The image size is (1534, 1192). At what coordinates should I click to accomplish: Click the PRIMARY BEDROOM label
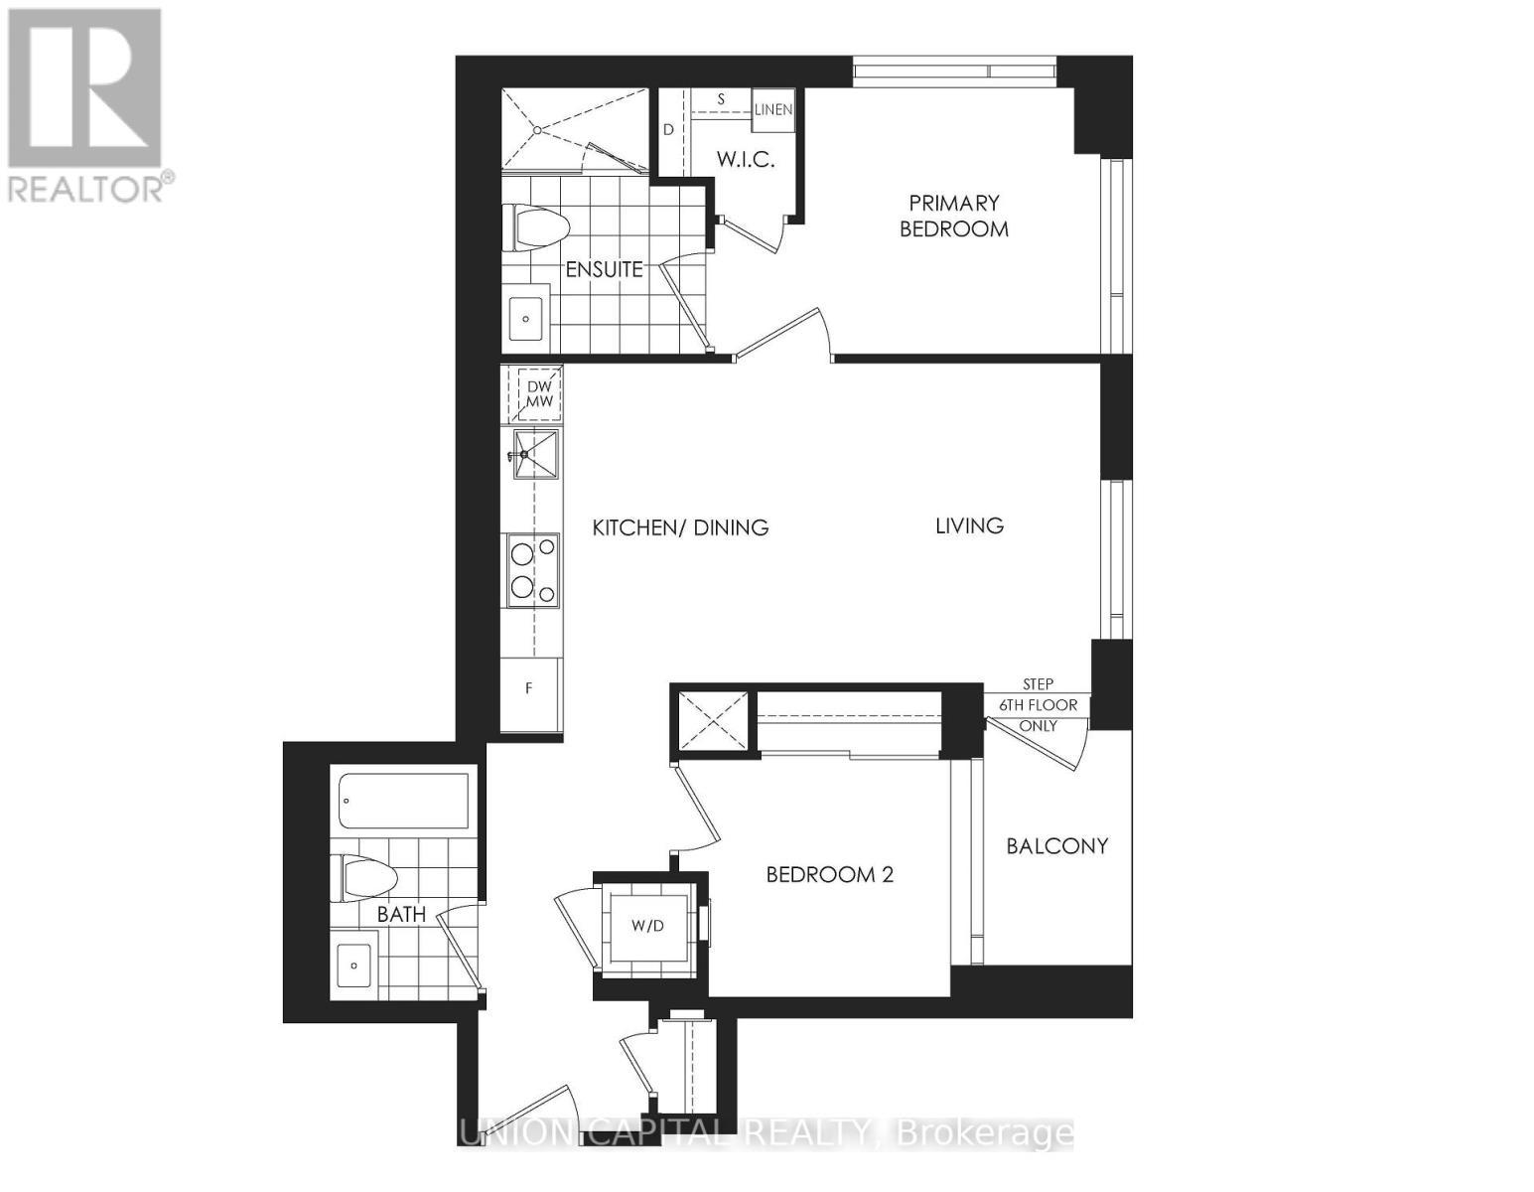pyautogui.click(x=953, y=216)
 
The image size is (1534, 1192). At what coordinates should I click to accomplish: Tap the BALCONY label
pyautogui.click(x=1056, y=846)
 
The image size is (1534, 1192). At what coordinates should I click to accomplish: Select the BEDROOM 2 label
pyautogui.click(x=830, y=874)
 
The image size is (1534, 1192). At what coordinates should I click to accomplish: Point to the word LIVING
pyautogui.click(x=969, y=525)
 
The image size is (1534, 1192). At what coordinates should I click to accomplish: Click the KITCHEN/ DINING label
pyautogui.click(x=680, y=527)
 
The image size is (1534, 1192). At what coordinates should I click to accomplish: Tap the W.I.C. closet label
pyautogui.click(x=745, y=159)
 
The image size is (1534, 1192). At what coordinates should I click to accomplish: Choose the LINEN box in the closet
pyautogui.click(x=772, y=109)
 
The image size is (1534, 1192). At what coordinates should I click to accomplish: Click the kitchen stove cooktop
pyautogui.click(x=533, y=571)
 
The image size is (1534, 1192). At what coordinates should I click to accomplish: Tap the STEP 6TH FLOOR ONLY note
pyautogui.click(x=1038, y=705)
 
